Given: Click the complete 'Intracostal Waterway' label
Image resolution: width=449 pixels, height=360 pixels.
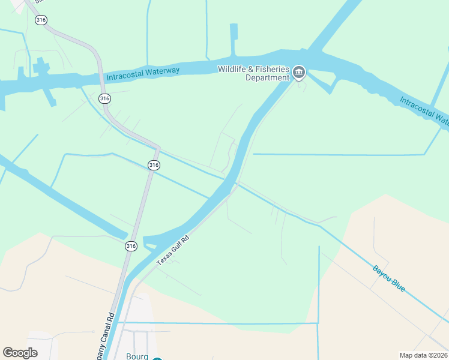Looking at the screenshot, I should click(143, 73).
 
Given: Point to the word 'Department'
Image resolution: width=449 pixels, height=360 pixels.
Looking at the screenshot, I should click(268, 78).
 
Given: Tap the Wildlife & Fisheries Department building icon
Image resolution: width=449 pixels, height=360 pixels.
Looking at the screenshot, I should click(299, 74).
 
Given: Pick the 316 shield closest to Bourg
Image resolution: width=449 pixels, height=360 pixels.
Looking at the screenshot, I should click(131, 246).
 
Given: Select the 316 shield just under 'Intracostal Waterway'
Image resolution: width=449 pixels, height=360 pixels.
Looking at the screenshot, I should click(104, 98).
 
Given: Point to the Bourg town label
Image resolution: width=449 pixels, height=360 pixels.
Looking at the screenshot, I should click(137, 356).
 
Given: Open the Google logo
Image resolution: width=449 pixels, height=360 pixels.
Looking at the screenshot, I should click(20, 352).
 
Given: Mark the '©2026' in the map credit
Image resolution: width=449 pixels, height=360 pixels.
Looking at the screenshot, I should click(436, 355).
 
